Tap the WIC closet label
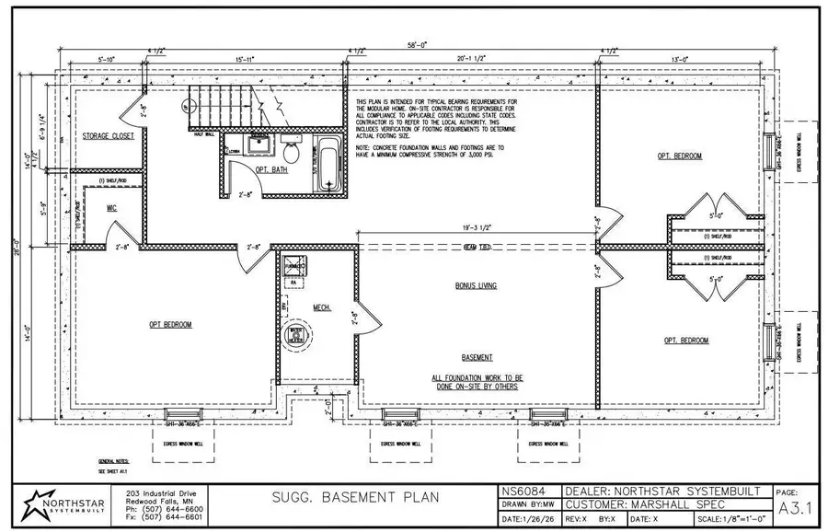point(111,208)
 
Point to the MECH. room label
point(321,307)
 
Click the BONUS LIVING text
point(476,285)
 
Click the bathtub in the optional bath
point(328,163)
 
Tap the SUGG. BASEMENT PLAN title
point(354,498)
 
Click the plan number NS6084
point(524,492)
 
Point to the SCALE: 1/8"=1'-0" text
point(732,519)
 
